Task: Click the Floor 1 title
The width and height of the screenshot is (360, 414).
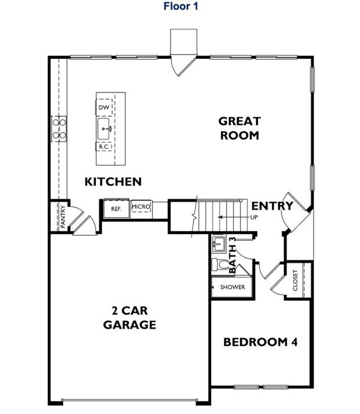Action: (x=181, y=6)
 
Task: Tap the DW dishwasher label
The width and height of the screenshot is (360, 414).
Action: (x=104, y=107)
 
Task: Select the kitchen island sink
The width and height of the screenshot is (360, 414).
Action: (x=104, y=129)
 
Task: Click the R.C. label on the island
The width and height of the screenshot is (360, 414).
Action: (x=104, y=147)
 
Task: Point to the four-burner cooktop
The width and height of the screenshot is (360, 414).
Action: (x=59, y=129)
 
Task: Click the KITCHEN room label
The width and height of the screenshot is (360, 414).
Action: (x=113, y=182)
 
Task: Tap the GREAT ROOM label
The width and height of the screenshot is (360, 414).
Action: (x=239, y=128)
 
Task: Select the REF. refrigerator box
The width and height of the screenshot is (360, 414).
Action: (x=116, y=209)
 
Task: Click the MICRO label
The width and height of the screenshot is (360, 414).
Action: (x=141, y=206)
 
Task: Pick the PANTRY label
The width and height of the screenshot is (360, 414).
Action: (x=62, y=217)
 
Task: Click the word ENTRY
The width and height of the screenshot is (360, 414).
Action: (x=272, y=206)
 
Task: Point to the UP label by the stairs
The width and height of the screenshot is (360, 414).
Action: (x=254, y=217)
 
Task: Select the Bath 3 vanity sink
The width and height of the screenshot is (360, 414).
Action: (x=218, y=244)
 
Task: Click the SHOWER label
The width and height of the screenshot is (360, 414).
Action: (x=232, y=287)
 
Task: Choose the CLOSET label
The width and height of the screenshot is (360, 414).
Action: (x=295, y=280)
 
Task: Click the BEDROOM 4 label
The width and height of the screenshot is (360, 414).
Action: (x=260, y=342)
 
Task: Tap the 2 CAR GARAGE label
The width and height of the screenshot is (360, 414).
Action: (x=130, y=317)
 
